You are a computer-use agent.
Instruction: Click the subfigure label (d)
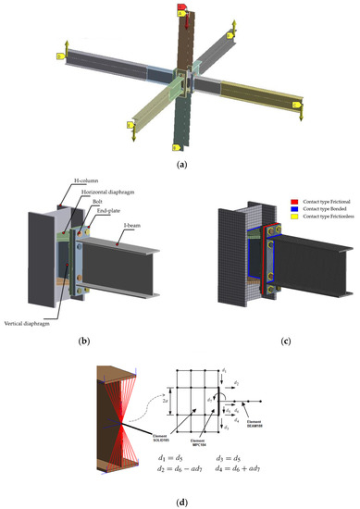(x=180, y=498)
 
